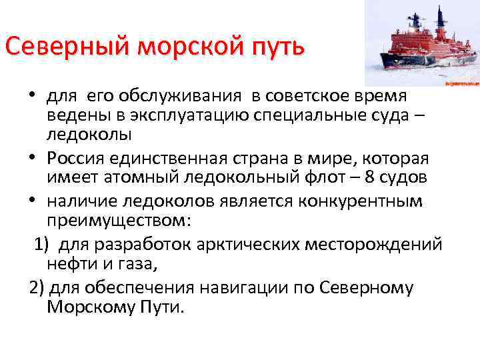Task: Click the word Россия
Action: coord(78,159)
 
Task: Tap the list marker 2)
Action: coord(37,288)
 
